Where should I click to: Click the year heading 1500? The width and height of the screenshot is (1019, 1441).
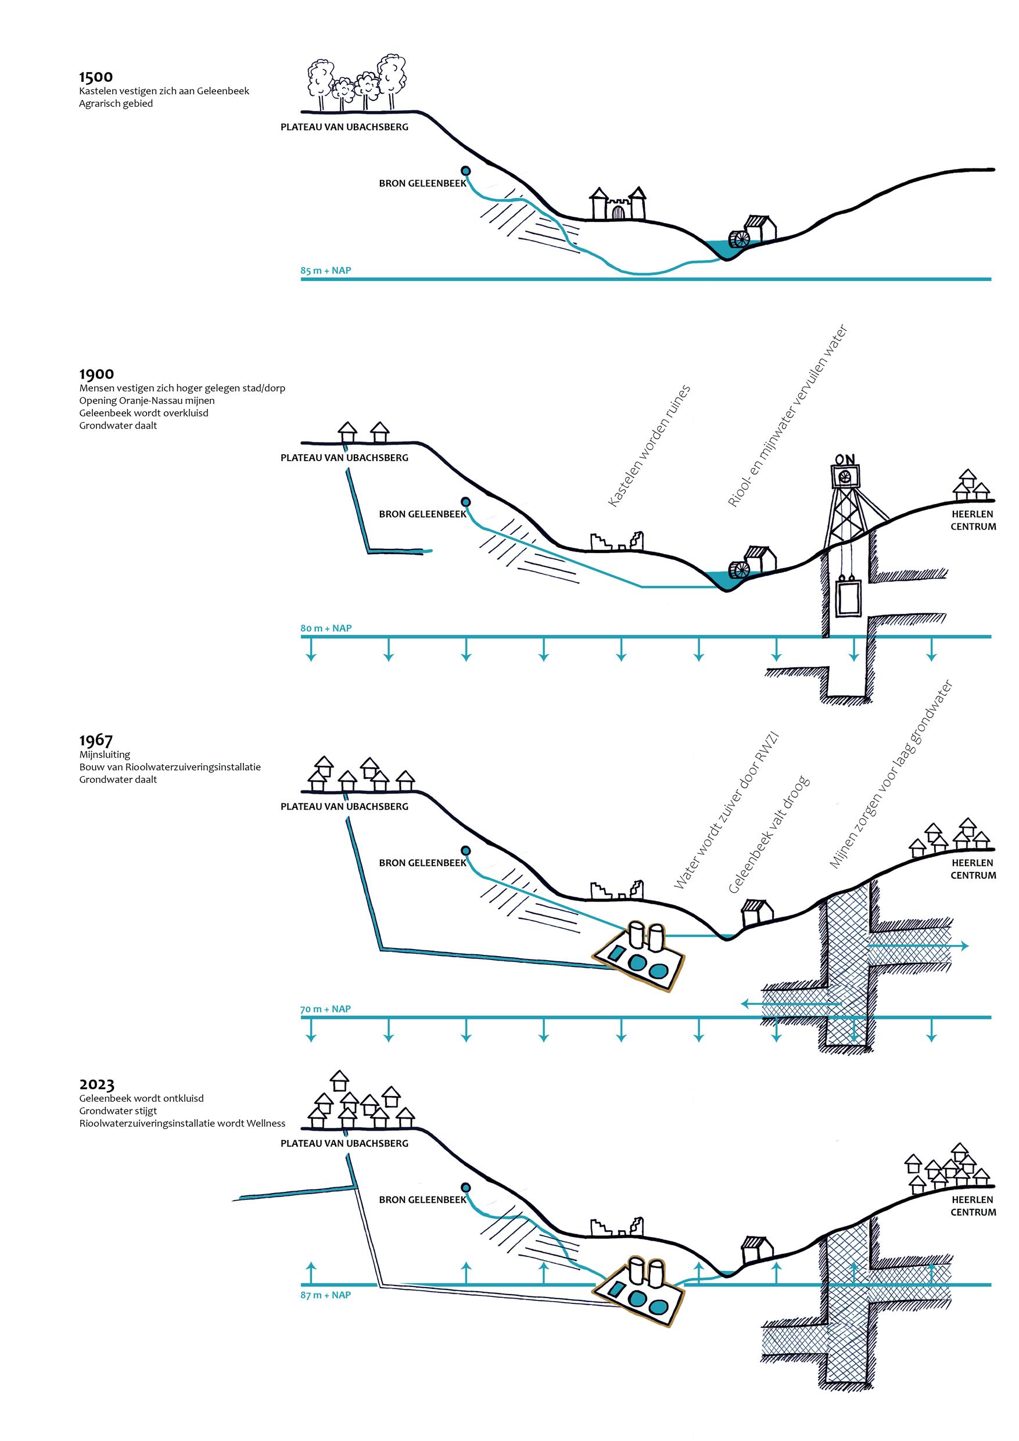point(95,77)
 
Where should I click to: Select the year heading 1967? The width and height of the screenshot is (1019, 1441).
point(95,741)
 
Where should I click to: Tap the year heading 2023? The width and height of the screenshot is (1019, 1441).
point(96,1084)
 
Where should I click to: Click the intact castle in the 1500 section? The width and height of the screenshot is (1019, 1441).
point(617,204)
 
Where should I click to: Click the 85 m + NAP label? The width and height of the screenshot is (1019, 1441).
point(325,271)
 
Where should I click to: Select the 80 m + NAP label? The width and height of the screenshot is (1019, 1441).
point(325,628)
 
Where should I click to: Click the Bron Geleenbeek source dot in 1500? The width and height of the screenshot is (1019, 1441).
point(465,171)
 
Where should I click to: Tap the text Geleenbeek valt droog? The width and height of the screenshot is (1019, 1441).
point(769,834)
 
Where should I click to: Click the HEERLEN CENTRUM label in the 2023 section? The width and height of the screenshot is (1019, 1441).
point(973,1206)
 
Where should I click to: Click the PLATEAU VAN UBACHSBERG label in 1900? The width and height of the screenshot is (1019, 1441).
point(344,458)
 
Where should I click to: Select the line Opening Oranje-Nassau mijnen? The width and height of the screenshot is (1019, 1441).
point(147,400)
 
